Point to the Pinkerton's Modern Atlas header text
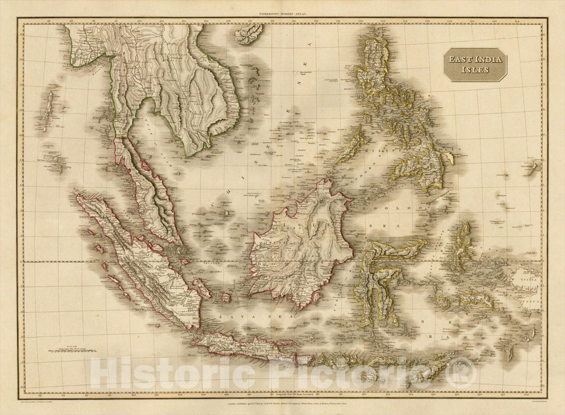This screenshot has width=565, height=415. click(x=282, y=12)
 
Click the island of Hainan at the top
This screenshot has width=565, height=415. click(x=249, y=34)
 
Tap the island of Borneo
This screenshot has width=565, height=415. click(x=300, y=239)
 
